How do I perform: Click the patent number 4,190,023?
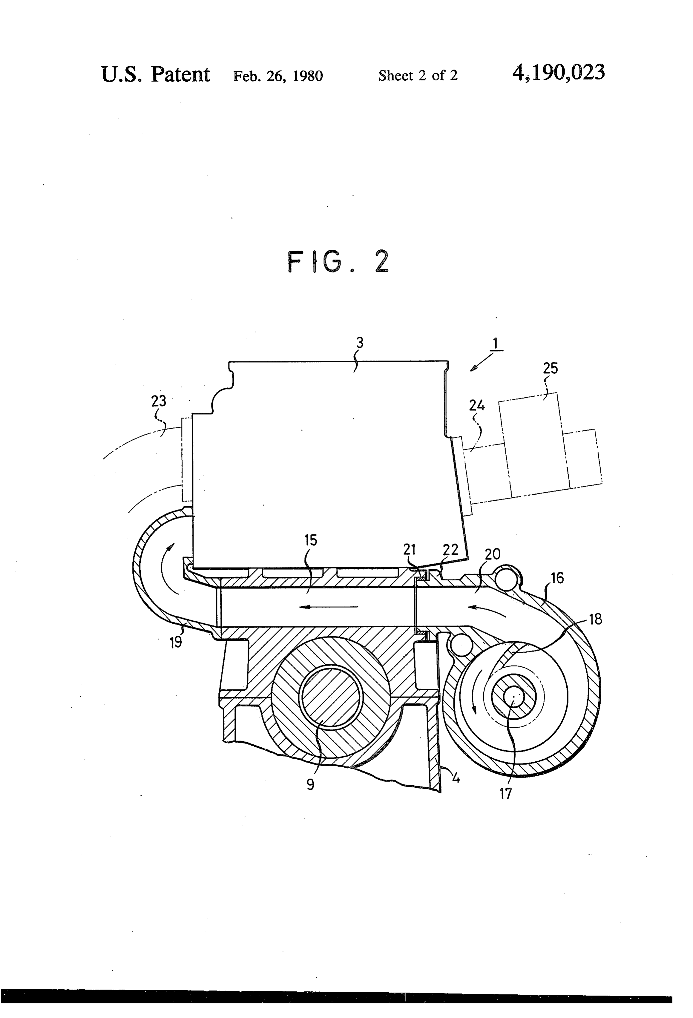coord(559,73)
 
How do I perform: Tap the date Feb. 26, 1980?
coord(278,76)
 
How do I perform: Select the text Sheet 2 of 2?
coord(418,76)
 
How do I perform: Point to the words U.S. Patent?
coord(156,74)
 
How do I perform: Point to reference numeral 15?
coord(311,540)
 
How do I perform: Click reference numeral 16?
coord(557,578)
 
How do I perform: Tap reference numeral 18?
coord(595,620)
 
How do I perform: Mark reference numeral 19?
coord(176,642)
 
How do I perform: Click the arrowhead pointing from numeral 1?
coord(473,369)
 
